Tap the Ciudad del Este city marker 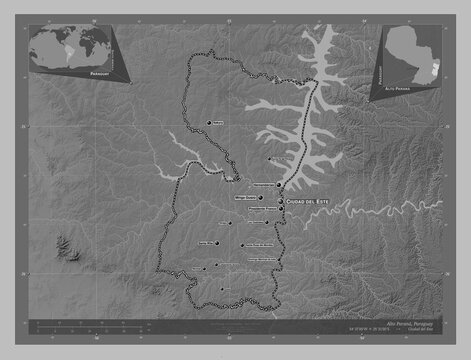click(282, 201)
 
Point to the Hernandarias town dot click(277, 185)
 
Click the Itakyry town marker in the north click(210, 122)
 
